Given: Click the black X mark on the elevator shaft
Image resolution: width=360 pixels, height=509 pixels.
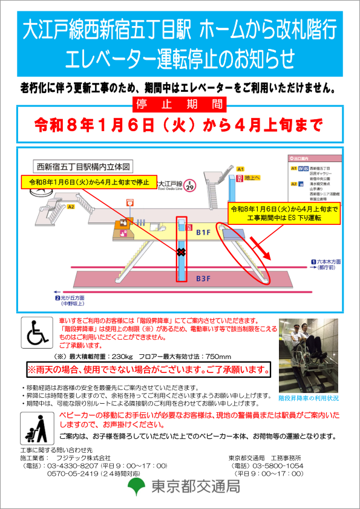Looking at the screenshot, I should [x=181, y=251].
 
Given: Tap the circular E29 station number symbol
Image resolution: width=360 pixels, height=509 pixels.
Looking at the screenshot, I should [x=190, y=184].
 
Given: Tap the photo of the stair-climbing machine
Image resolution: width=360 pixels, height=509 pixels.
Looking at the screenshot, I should [x=309, y=355].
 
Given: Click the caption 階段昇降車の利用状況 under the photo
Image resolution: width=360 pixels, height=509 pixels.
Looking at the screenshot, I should [x=309, y=399].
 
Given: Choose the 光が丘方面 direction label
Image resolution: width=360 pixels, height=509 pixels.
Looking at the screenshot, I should [x=73, y=298].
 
